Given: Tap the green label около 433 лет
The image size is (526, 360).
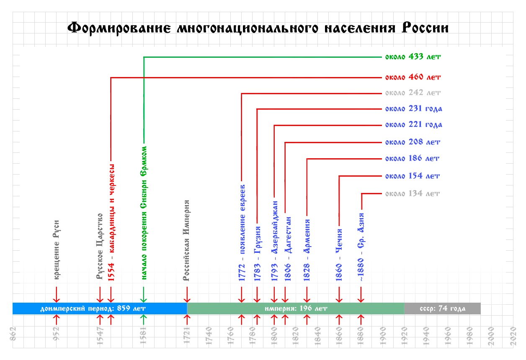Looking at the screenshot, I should click(413, 57).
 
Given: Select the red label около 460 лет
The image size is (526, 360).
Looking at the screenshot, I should click(413, 77).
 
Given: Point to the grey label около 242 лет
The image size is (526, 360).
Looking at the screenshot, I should click(413, 93).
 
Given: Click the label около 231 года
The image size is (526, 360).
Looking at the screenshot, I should click(414, 109).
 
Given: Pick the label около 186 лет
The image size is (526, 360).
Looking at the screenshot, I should click(413, 159).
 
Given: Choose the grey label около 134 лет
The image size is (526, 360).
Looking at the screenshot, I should click(413, 194).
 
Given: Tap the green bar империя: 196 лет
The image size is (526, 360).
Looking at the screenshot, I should click(296, 309).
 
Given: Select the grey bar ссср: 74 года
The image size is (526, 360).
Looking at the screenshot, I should click(442, 309).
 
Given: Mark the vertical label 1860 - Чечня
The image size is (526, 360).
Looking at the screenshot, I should click(339, 255).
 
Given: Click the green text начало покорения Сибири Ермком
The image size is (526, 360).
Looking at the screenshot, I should click(144, 213).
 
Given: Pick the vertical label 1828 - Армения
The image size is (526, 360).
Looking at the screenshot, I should click(307, 250).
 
